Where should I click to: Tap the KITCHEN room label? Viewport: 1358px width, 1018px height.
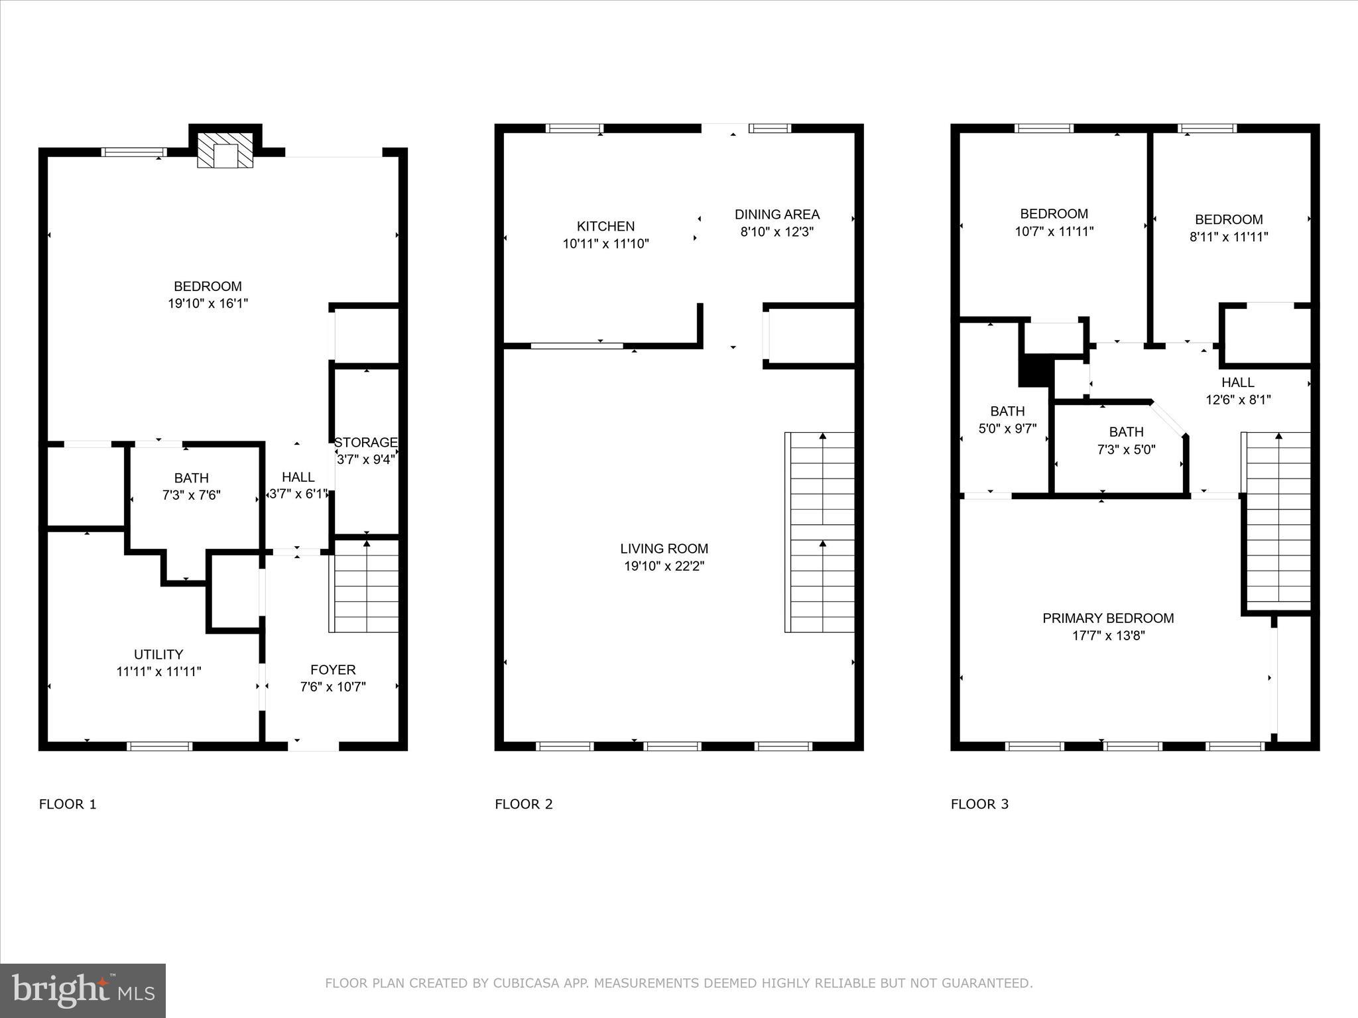click(x=605, y=227)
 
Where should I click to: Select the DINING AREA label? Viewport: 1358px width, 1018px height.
click(x=776, y=215)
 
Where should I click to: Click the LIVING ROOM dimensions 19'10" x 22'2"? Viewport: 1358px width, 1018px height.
click(x=664, y=566)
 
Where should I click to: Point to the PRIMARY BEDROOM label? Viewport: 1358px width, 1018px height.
click(x=1108, y=618)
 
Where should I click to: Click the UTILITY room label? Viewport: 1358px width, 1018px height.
click(x=158, y=655)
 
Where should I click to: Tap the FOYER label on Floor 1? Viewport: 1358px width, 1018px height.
click(x=333, y=670)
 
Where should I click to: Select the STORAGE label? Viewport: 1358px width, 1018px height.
click(x=365, y=443)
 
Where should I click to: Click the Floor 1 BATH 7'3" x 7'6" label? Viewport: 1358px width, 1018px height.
click(x=192, y=486)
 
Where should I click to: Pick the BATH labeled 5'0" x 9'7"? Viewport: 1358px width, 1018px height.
click(x=1007, y=420)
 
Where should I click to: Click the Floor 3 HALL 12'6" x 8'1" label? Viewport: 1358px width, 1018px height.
click(x=1237, y=391)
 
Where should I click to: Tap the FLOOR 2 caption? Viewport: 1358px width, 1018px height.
click(x=523, y=805)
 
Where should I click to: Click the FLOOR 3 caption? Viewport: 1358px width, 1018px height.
click(x=979, y=805)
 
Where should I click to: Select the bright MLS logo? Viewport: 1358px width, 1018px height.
click(x=83, y=990)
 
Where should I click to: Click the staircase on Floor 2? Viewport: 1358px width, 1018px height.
click(x=821, y=532)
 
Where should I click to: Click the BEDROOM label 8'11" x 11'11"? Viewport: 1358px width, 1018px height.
click(x=1228, y=228)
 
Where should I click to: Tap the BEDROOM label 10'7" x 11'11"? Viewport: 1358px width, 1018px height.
click(x=1054, y=223)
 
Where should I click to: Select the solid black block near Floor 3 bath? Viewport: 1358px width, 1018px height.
click(x=1034, y=370)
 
